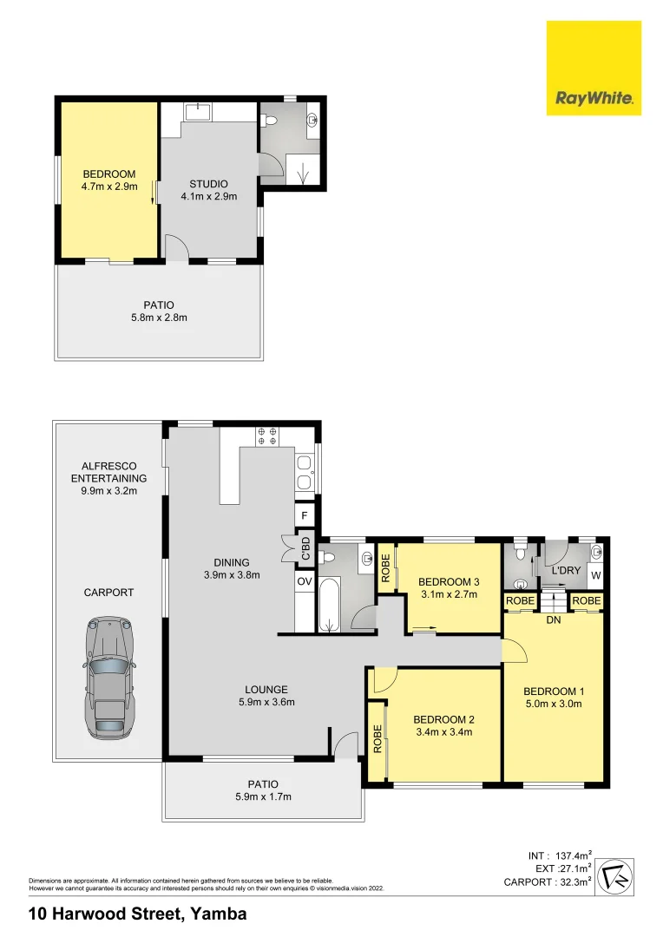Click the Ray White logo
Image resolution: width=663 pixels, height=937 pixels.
click(x=594, y=68)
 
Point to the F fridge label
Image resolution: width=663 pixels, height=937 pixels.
click(x=305, y=515)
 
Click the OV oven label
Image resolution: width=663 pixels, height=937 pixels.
click(x=305, y=581)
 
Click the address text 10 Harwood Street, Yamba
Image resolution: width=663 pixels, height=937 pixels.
click(x=137, y=914)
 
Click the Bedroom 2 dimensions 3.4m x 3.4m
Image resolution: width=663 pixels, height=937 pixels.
click(x=443, y=731)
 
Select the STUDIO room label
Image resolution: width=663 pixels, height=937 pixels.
click(x=208, y=184)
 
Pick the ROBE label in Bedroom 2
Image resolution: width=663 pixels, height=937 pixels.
click(x=377, y=738)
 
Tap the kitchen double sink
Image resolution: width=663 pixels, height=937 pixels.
click(x=305, y=473)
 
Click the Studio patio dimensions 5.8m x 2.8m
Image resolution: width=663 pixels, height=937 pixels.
click(x=159, y=318)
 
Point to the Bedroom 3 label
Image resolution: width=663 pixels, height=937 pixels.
click(x=449, y=581)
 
